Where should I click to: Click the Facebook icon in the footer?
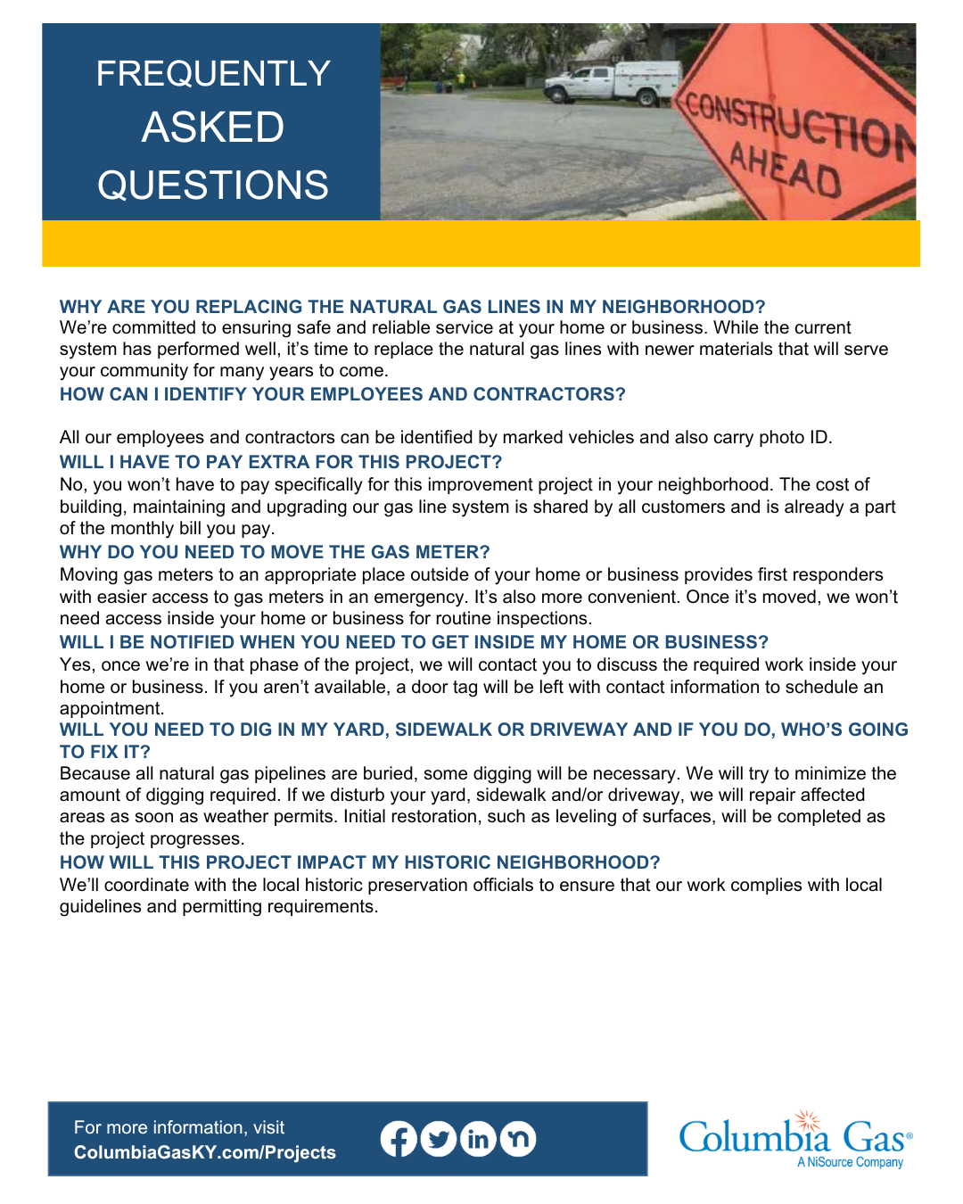pos(399,1139)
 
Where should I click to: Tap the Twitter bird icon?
pos(438,1139)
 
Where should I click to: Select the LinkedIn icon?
pos(478,1139)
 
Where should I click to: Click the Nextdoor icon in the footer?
pos(518,1139)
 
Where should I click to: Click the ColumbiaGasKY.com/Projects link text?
pos(205,1152)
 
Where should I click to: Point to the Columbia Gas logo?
pos(794,1137)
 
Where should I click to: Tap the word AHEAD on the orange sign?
pos(786,169)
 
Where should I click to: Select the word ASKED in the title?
pos(213,128)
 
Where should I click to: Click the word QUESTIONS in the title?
pos(213,186)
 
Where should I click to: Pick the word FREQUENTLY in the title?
pos(213,73)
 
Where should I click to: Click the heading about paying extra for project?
pos(281,462)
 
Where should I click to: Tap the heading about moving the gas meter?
pos(275,552)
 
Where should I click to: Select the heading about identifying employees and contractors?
pos(342,394)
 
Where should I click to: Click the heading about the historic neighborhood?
pos(359,862)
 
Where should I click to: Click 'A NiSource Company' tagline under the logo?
pos(850,1162)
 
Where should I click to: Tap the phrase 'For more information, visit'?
pos(179,1127)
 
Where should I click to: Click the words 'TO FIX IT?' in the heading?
pos(105,752)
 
